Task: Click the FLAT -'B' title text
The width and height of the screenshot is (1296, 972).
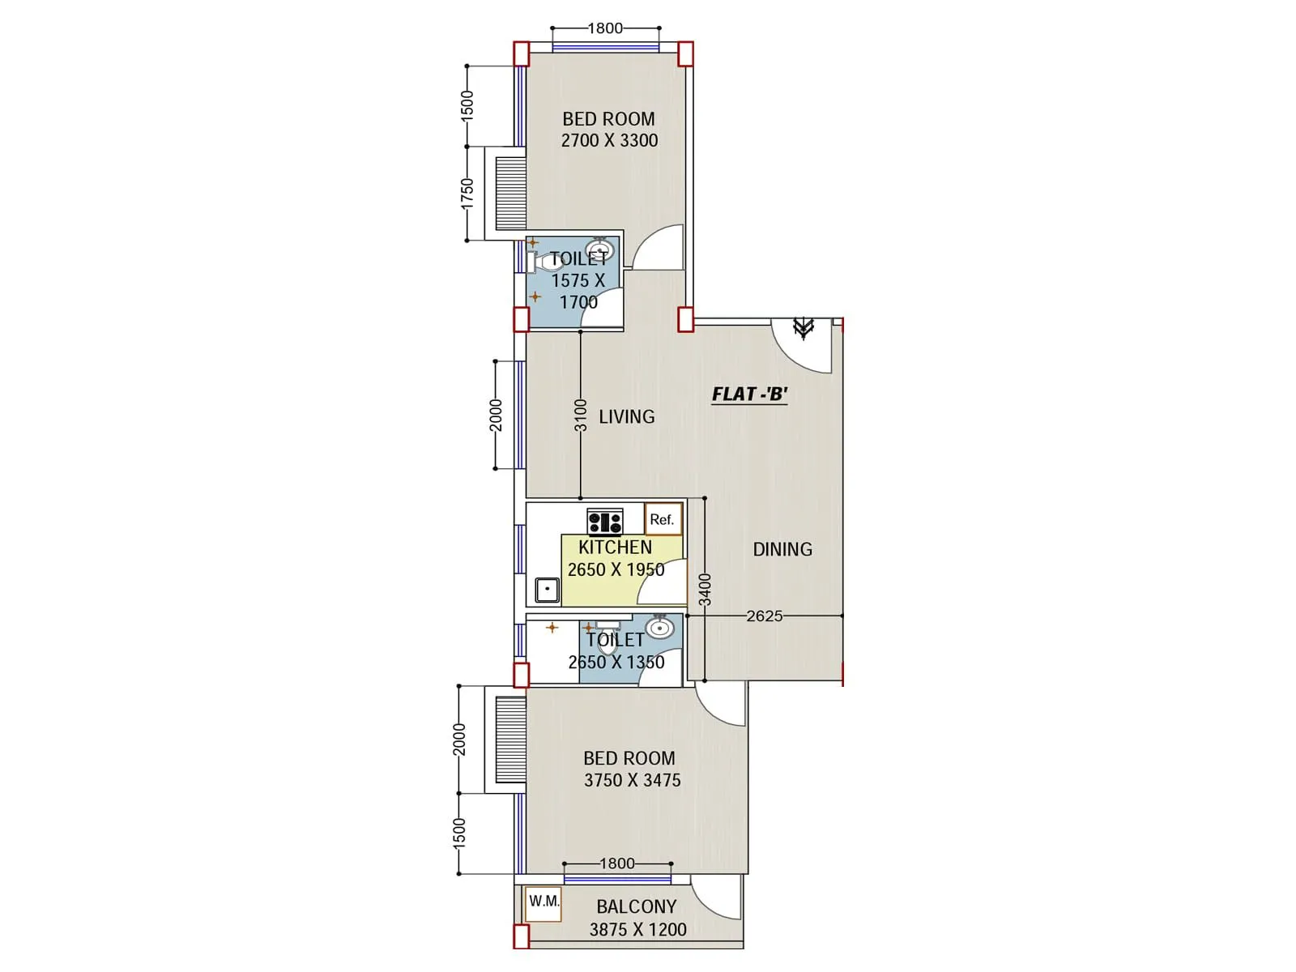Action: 749,394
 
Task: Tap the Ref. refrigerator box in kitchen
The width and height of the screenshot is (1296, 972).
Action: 663,519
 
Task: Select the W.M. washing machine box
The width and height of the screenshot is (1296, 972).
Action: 543,902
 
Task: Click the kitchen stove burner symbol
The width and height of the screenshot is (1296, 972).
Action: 605,522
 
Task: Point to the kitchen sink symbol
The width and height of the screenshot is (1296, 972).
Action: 548,589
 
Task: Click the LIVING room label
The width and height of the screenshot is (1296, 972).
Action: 626,417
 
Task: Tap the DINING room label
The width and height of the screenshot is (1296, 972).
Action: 782,549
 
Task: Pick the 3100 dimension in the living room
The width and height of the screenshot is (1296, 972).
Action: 580,416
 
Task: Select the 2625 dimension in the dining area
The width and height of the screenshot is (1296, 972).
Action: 764,616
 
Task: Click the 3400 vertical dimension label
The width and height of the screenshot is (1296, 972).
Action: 705,589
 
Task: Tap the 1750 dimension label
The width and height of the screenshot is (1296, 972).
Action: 467,194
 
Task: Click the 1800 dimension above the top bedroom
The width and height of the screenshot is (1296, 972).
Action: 605,28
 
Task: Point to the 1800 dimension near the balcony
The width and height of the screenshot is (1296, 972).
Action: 616,863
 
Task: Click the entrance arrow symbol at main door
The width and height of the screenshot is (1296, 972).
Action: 803,327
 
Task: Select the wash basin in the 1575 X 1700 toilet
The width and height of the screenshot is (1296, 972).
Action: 600,249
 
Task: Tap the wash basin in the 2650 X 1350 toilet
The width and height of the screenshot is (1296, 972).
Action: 659,628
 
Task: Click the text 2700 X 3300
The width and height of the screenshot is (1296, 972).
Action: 609,140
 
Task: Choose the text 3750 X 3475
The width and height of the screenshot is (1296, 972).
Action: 632,780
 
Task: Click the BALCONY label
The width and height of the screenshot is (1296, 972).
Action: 636,906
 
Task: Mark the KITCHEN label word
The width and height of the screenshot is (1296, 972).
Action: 615,548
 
